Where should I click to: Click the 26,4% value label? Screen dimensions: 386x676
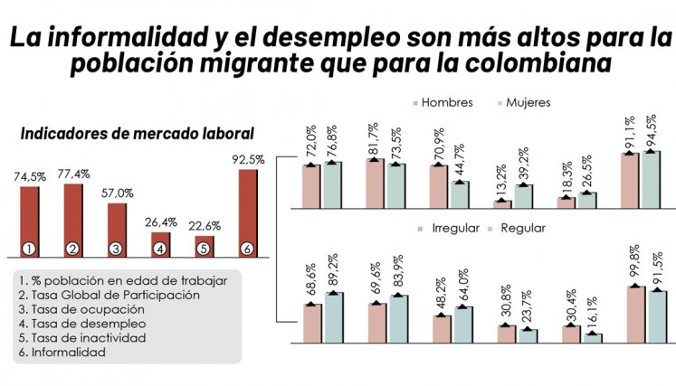(161, 221)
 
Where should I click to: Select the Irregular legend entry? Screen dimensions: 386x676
(449, 228)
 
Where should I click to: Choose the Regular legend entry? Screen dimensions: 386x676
(517, 228)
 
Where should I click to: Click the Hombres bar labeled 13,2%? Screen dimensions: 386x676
(502, 203)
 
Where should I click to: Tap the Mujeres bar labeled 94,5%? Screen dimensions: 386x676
(651, 180)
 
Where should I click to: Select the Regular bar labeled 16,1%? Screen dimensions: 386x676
(593, 338)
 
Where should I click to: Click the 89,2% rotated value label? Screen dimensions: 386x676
(333, 270)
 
